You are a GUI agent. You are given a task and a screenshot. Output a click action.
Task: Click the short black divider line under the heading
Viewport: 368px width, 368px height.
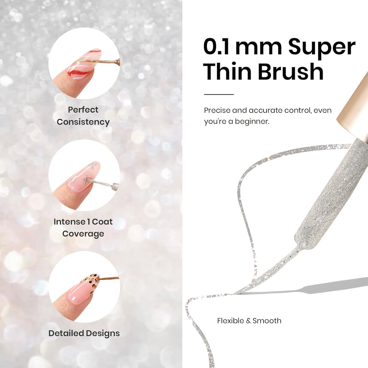click(x=219, y=94)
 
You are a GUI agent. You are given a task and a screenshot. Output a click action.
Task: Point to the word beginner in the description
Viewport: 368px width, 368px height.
click(x=252, y=121)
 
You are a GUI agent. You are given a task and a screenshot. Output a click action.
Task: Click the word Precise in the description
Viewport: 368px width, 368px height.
click(x=217, y=110)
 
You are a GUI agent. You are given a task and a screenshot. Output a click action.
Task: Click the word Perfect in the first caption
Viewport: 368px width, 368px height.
click(x=83, y=109)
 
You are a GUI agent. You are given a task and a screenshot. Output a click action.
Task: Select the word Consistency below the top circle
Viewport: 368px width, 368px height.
click(x=83, y=122)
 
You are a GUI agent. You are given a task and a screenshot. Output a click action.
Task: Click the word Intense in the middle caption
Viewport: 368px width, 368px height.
click(x=69, y=222)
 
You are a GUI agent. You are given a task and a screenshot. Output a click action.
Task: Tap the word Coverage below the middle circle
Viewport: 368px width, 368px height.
click(x=83, y=234)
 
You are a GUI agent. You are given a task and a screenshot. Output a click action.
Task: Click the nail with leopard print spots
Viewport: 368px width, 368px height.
click(x=84, y=289)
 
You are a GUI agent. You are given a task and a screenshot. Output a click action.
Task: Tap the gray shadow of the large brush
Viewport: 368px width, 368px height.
click(x=305, y=286)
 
